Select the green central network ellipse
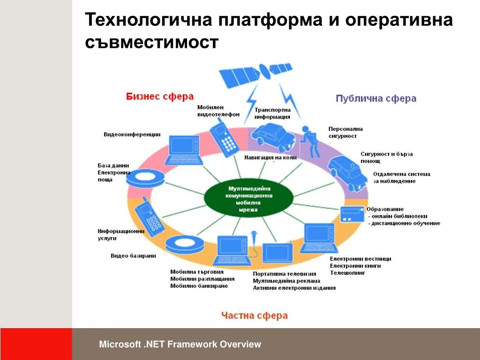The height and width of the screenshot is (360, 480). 248,199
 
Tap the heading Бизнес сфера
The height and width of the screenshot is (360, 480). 160,97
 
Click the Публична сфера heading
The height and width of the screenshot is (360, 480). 376,98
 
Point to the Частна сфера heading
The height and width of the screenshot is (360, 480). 255,315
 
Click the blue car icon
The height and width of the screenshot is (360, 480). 273,136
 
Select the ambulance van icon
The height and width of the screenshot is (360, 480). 347,172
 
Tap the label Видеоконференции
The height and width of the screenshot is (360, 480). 132,135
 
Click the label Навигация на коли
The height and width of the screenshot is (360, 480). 270,157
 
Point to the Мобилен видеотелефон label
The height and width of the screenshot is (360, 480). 218,111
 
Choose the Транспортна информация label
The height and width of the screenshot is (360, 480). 272,113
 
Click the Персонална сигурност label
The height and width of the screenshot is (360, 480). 345,132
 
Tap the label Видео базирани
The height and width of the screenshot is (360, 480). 134,256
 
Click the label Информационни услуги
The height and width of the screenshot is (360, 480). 120,234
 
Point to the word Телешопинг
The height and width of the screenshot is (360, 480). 347,273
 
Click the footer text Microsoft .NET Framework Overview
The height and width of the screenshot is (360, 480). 180,345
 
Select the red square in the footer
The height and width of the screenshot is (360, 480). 36,344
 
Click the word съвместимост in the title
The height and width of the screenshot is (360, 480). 152,43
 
